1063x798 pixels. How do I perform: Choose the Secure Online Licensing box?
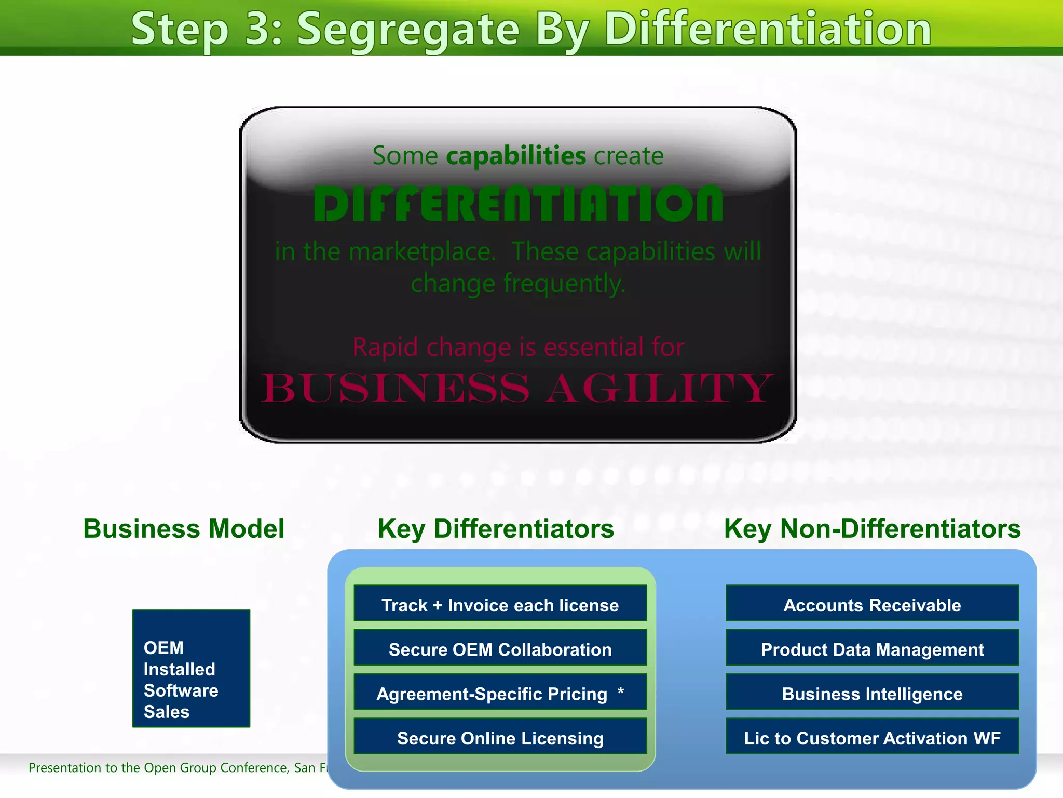coord(500,737)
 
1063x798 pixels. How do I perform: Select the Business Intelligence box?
coord(872,693)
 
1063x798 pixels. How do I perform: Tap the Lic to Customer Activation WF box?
coord(872,737)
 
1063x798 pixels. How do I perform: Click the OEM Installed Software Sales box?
coord(191,669)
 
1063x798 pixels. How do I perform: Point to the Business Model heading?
coord(184,529)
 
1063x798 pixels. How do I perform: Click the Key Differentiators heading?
coord(496,529)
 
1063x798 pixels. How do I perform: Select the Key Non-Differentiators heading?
coord(872,529)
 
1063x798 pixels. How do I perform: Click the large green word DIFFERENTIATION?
coord(518,204)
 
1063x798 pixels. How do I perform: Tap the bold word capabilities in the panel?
coord(516,156)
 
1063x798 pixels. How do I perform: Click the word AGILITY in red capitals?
coord(659,388)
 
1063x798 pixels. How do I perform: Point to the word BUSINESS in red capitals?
coord(395,388)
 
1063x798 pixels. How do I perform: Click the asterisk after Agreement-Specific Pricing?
coord(621,691)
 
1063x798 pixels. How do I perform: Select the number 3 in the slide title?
coord(263,29)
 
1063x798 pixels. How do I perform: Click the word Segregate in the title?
coord(408,29)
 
